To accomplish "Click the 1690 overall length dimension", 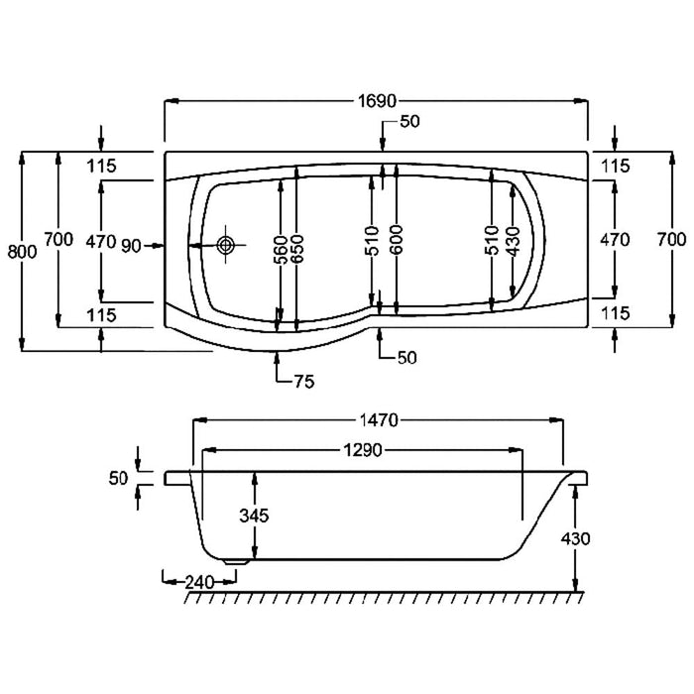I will [376, 101].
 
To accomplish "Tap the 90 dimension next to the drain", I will [130, 245].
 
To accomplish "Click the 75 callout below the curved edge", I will [303, 382].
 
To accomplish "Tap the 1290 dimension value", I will [364, 450].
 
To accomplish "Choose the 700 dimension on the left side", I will [58, 239].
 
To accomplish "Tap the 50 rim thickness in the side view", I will [119, 479].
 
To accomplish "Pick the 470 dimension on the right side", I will [615, 239].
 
